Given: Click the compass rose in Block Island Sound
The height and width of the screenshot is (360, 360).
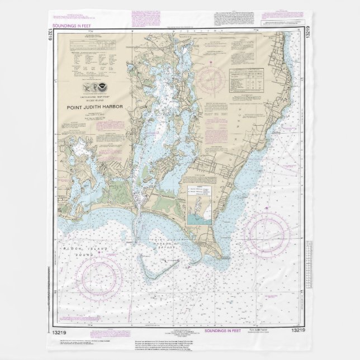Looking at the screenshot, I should (x=100, y=273).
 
